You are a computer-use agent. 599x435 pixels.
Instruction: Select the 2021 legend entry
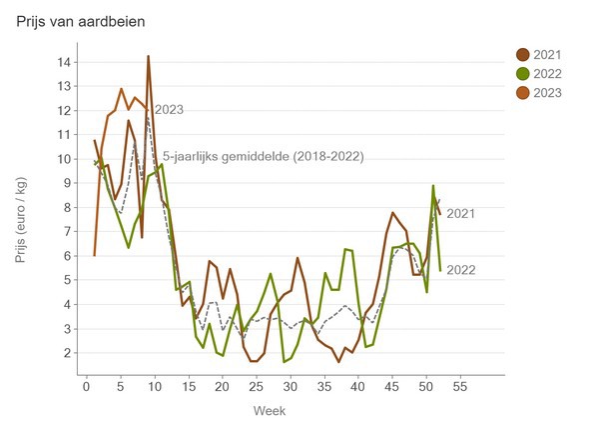547,54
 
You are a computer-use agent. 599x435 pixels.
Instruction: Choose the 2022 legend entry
547,73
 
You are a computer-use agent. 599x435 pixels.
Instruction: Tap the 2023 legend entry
547,92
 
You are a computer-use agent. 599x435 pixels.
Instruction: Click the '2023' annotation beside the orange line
168,110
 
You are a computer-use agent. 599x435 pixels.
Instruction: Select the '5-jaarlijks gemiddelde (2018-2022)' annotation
263,156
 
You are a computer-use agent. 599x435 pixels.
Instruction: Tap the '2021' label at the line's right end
461,213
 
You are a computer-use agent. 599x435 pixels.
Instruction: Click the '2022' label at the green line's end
461,270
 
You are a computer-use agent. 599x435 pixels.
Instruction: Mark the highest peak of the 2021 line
148,56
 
